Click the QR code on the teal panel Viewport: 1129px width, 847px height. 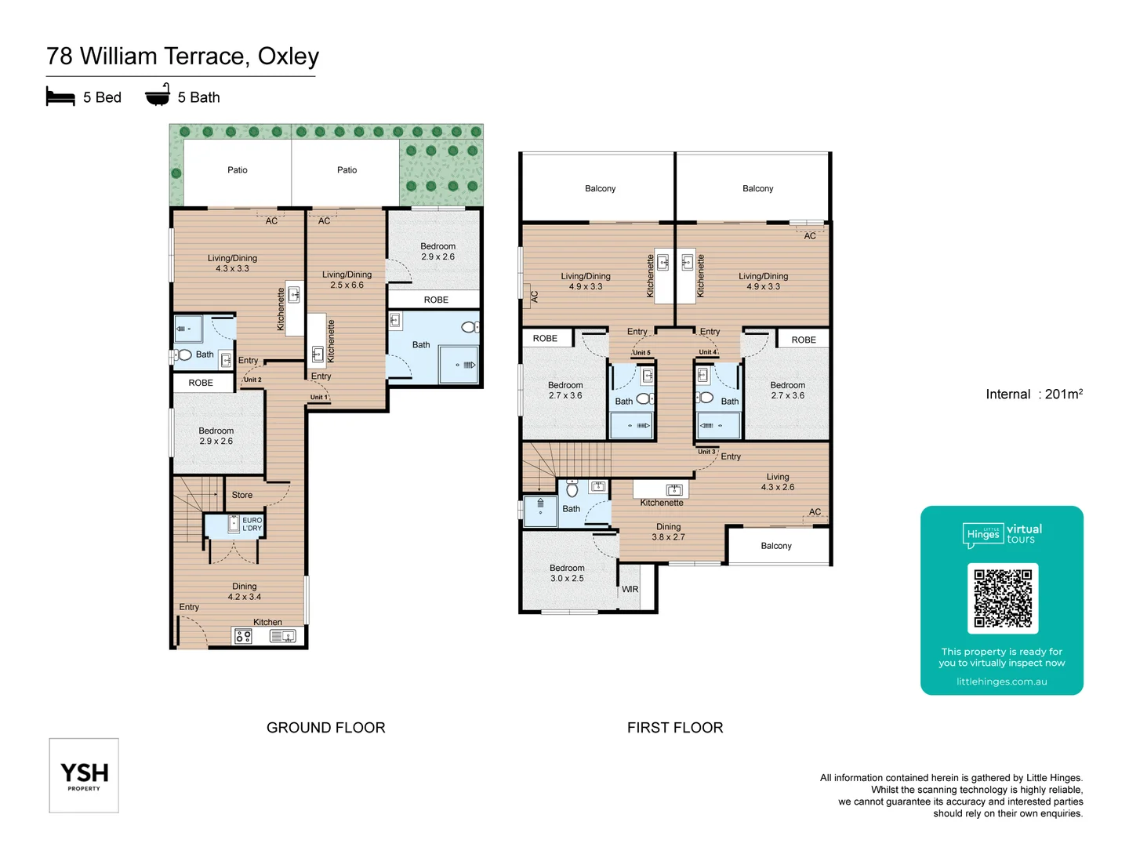(1003, 598)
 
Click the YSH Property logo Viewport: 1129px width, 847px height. (84, 776)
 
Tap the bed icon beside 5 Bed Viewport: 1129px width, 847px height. (60, 97)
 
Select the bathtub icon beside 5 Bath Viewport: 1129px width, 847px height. (158, 96)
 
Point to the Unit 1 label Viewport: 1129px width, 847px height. (318, 397)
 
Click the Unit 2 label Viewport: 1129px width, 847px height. (252, 380)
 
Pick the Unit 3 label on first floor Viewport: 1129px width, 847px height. (706, 452)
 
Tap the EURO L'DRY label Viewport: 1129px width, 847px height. (252, 524)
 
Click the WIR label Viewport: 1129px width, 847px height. (630, 589)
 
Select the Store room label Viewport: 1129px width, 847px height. (242, 495)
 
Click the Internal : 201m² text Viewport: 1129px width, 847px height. (1033, 394)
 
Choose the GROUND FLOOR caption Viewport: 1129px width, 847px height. (326, 728)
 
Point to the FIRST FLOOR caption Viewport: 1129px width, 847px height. (675, 728)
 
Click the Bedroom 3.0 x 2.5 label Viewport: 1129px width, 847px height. (567, 573)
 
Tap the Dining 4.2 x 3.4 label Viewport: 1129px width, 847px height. (245, 591)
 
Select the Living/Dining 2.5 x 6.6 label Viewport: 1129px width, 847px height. (347, 280)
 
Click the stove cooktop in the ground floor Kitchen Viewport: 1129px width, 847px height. (243, 636)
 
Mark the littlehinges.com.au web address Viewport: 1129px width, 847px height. (1001, 682)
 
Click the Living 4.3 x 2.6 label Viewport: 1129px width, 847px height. (778, 482)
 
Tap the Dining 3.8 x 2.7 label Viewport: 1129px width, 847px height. (668, 532)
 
